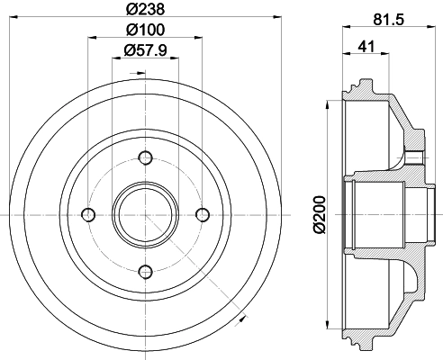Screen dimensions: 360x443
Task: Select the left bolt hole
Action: tap(88, 213)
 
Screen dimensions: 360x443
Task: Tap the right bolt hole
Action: tap(202, 213)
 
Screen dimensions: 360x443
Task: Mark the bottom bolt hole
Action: tap(145, 270)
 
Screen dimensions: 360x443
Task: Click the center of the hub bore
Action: tap(145, 213)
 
